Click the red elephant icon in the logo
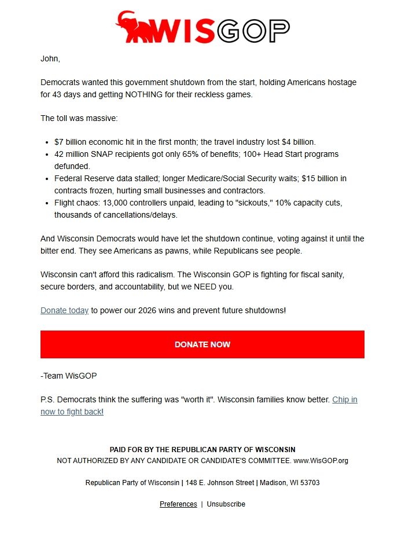pyautogui.click(x=134, y=27)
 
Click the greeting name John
pyautogui.click(x=50, y=58)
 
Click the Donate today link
pyautogui.click(x=64, y=310)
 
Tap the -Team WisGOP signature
pyautogui.click(x=68, y=376)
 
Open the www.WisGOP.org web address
pyautogui.click(x=321, y=461)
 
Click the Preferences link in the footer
pyautogui.click(x=178, y=504)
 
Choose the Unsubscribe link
pyautogui.click(x=226, y=504)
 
